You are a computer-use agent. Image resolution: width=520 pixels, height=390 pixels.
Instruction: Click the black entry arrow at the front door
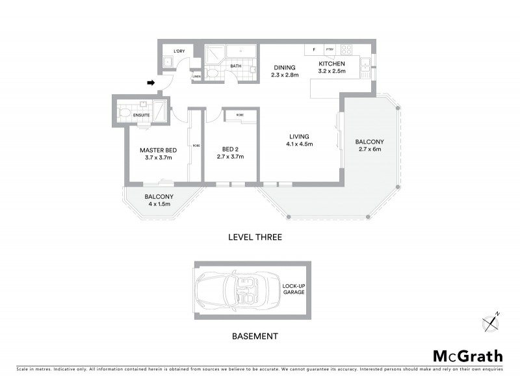tap(151, 83)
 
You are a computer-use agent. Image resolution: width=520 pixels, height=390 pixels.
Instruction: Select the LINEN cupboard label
tap(196, 76)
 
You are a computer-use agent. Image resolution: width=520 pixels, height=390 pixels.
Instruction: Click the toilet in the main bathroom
tap(213, 75)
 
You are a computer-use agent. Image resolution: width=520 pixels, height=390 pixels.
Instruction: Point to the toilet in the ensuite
tap(125, 112)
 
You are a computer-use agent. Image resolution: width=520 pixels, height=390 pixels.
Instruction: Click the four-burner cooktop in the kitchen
tap(346, 49)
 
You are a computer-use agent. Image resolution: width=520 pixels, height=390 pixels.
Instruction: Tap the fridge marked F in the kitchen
tap(314, 49)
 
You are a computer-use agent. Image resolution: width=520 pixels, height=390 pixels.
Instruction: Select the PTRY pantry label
tap(330, 49)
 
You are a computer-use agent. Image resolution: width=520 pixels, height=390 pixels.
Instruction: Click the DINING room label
tap(284, 67)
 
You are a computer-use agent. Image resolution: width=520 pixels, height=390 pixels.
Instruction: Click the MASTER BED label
tap(155, 150)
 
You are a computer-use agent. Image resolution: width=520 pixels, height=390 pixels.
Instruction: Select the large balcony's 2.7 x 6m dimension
tap(369, 149)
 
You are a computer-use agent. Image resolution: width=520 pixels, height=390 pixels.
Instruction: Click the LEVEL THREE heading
tap(255, 238)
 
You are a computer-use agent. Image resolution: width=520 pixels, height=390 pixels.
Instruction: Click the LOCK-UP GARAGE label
tap(292, 289)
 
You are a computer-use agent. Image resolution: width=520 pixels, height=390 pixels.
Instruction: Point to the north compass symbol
tap(491, 321)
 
